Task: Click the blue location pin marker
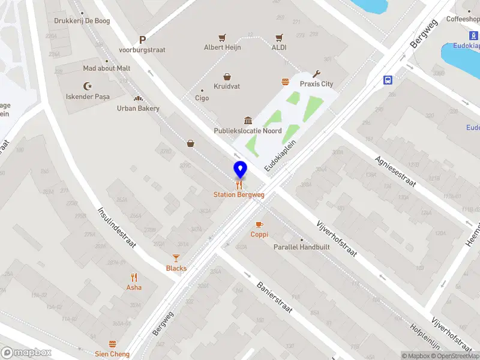(240, 169)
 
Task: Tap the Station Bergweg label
(239, 194)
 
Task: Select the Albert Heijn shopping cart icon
(222, 37)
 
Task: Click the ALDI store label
(279, 47)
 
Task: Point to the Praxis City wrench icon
(317, 74)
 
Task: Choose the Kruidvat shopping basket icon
(227, 76)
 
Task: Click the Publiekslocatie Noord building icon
(247, 121)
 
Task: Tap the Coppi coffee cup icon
(259, 224)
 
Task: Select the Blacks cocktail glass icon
(176, 258)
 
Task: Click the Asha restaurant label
(134, 287)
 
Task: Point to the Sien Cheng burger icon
(112, 344)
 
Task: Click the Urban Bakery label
(138, 109)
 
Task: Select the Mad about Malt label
(106, 68)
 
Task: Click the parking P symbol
(142, 40)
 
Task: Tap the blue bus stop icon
(388, 79)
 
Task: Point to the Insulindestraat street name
(116, 229)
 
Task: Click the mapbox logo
(26, 353)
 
